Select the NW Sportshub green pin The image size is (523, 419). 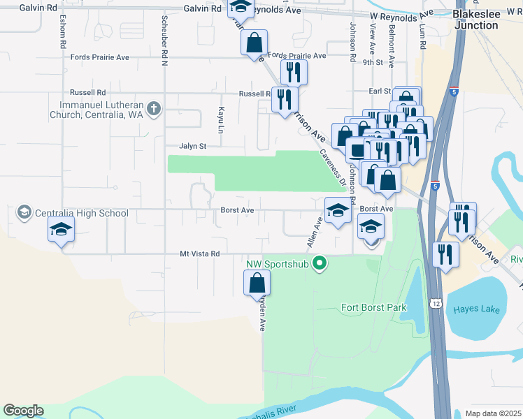320,263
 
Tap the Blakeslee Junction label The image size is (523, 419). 476,20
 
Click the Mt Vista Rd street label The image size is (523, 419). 199,254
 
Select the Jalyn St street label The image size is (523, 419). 193,147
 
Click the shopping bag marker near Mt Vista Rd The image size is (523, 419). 257,283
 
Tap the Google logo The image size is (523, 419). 23,411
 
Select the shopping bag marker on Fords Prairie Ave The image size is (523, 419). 254,43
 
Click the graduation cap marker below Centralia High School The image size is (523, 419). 61,229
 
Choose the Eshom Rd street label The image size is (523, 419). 63,31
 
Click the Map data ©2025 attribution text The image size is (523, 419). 493,413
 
